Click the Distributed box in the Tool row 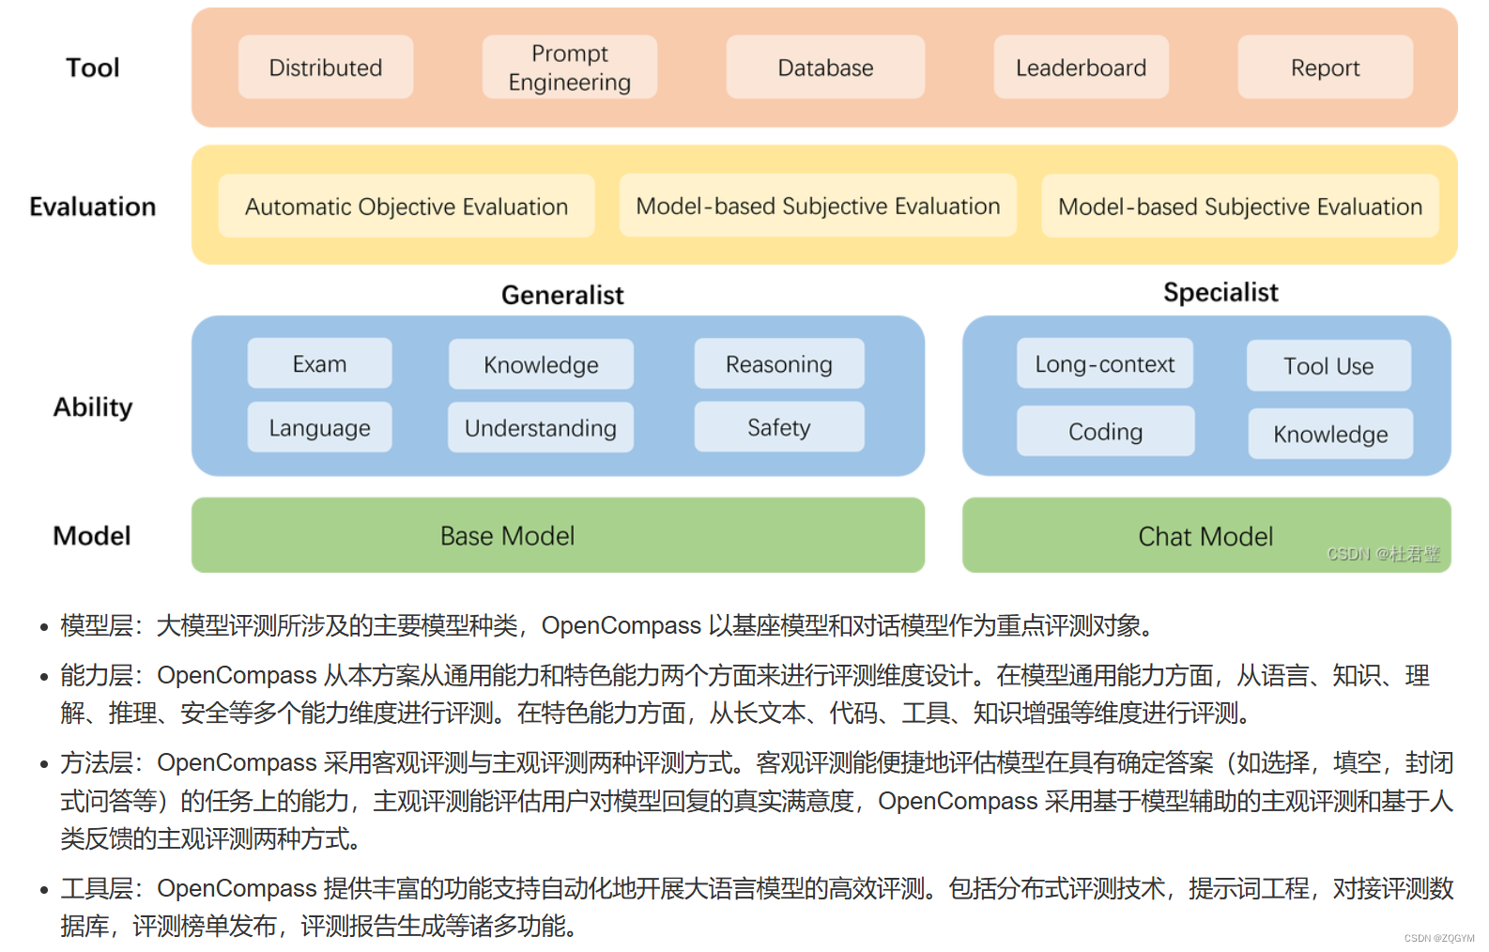pyautogui.click(x=325, y=68)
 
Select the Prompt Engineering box pyautogui.click(x=569, y=68)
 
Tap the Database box pyautogui.click(x=825, y=68)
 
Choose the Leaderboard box pyautogui.click(x=1081, y=68)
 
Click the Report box pyautogui.click(x=1325, y=68)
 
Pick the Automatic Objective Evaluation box pyautogui.click(x=407, y=207)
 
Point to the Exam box pyautogui.click(x=319, y=364)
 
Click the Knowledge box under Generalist pyautogui.click(x=541, y=365)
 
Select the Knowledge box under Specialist pyautogui.click(x=1330, y=435)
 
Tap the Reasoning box pyautogui.click(x=778, y=364)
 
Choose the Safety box pyautogui.click(x=778, y=428)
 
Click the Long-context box pyautogui.click(x=1104, y=364)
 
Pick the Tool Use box pyautogui.click(x=1328, y=366)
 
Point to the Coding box pyautogui.click(x=1105, y=432)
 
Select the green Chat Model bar pyautogui.click(x=1205, y=536)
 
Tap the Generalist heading pyautogui.click(x=562, y=296)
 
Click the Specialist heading pyautogui.click(x=1220, y=293)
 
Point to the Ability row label pyautogui.click(x=93, y=407)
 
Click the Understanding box pyautogui.click(x=541, y=429)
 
